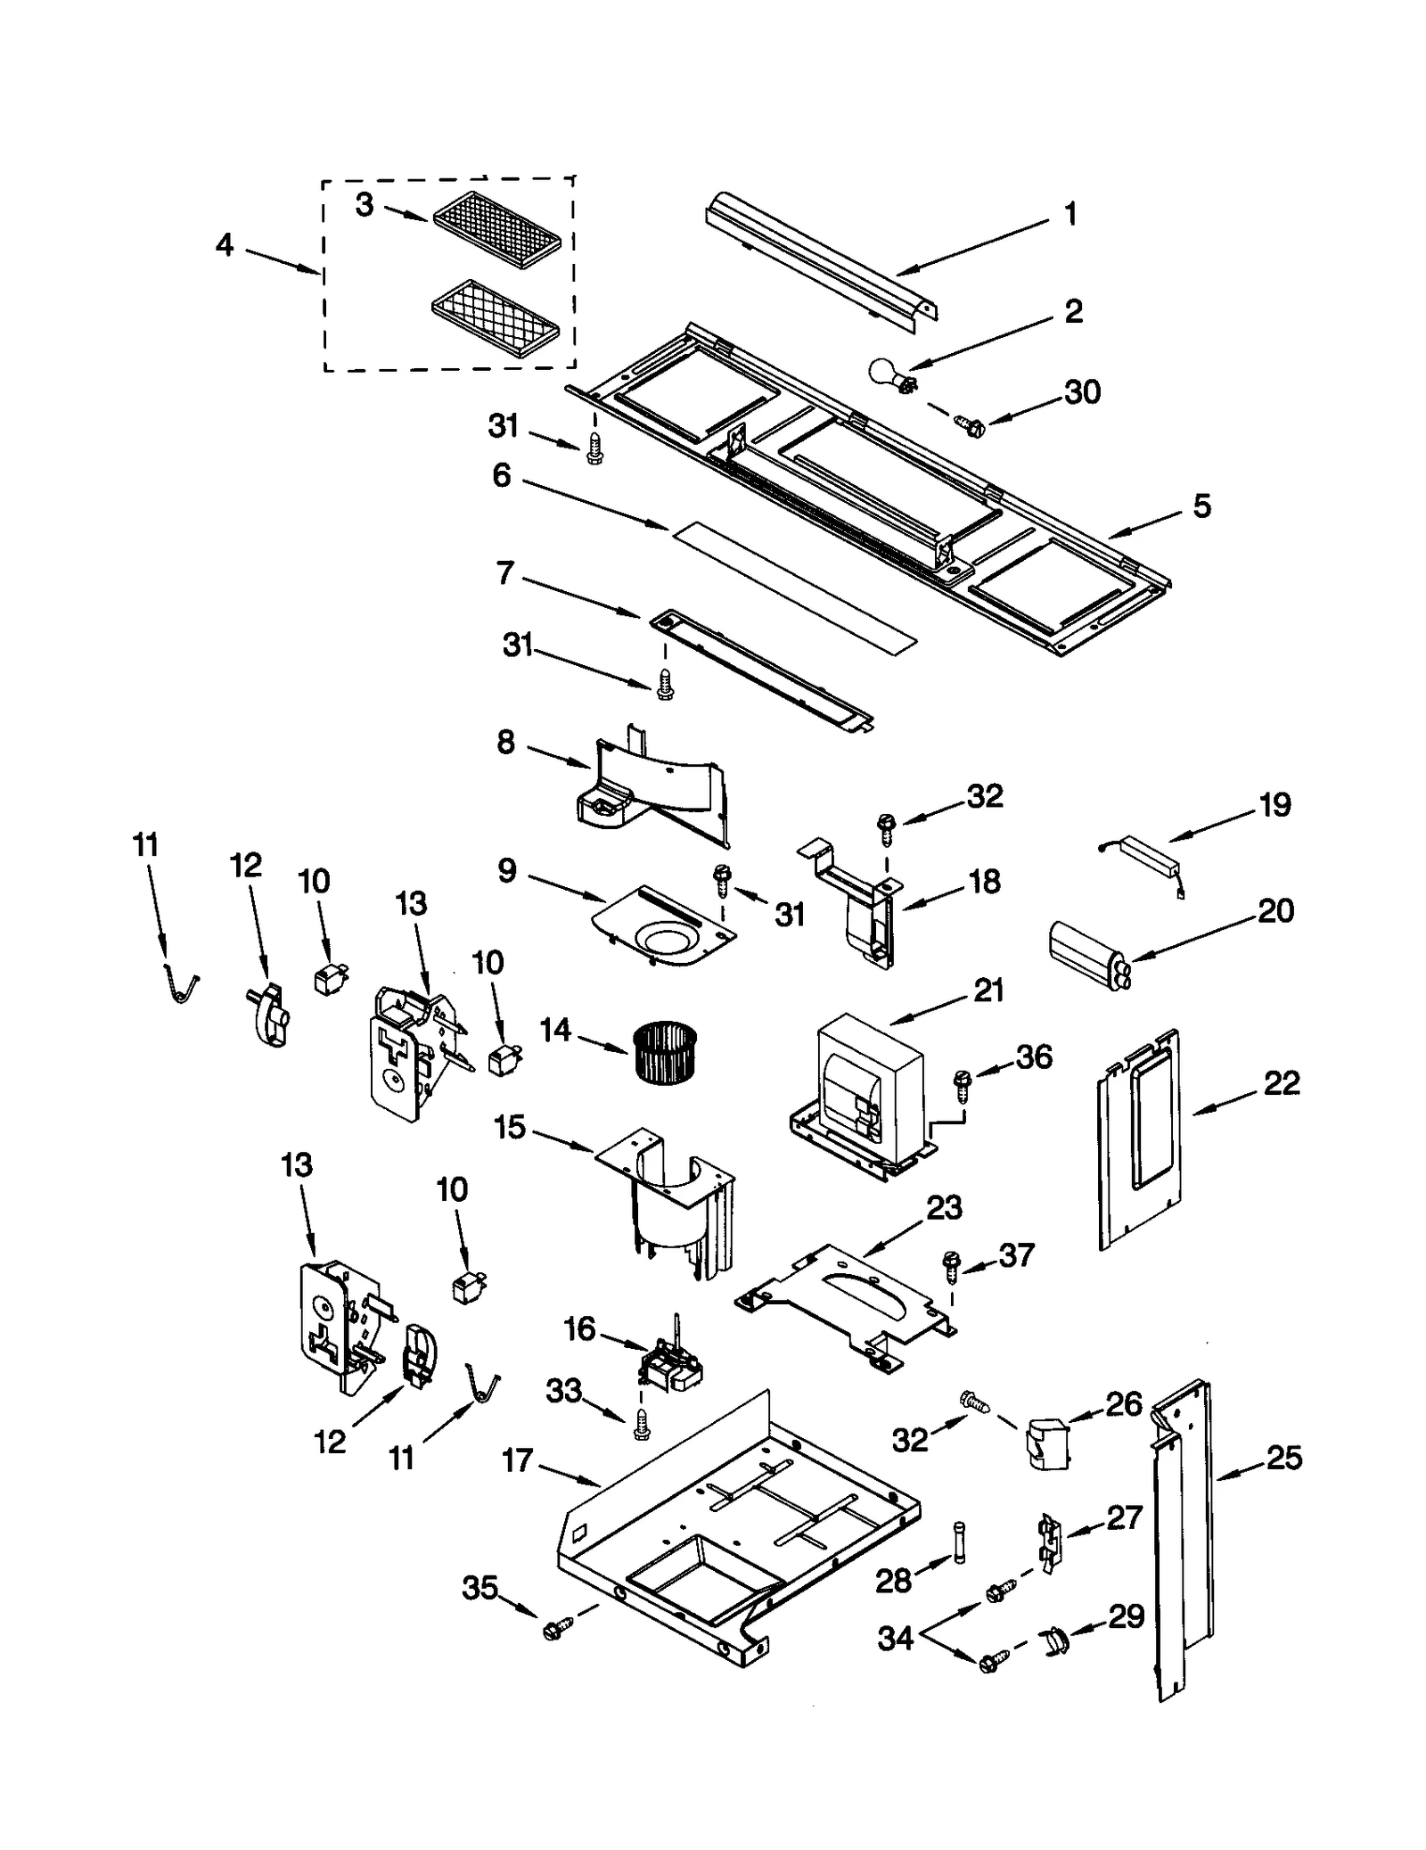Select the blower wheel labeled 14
click(663, 1053)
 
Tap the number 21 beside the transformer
click(988, 991)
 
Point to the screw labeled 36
click(962, 1081)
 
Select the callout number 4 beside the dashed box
click(225, 243)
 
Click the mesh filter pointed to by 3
click(497, 231)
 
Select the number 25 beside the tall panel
click(1283, 1459)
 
